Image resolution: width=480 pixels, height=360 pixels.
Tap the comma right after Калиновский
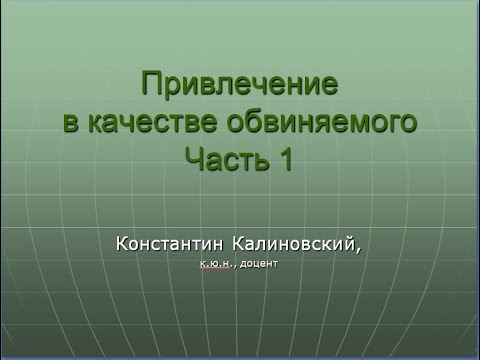[357, 249]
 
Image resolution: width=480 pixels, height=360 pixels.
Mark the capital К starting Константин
[121, 244]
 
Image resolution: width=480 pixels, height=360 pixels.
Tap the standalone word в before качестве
[69, 122]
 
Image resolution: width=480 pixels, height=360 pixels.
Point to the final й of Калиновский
[348, 244]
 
